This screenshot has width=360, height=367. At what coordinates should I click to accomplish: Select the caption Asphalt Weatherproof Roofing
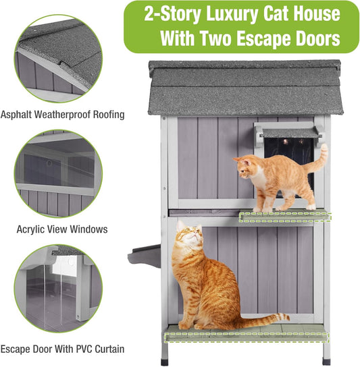62,115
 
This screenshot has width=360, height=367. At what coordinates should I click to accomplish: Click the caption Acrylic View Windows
62,229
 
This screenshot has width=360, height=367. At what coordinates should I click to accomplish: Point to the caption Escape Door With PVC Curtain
62,349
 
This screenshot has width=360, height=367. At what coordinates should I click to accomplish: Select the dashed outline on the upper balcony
286,217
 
